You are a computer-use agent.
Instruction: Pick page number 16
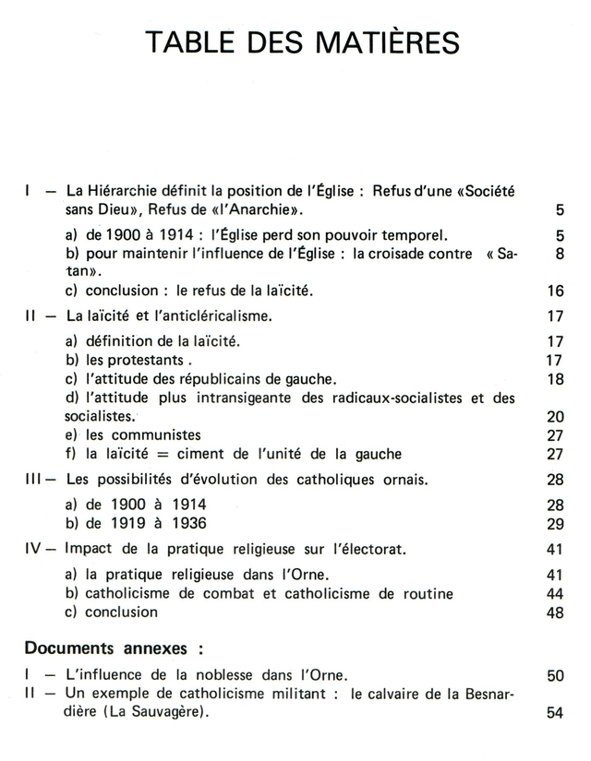[555, 291]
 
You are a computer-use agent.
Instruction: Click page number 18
[555, 379]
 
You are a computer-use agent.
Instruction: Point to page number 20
[555, 417]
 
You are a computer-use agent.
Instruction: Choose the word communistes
[160, 435]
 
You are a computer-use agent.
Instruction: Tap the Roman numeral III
[34, 480]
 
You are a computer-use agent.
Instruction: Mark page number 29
[555, 524]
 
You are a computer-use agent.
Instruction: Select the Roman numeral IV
[34, 549]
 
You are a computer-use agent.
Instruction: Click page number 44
[555, 594]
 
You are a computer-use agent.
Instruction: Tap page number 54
[555, 713]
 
